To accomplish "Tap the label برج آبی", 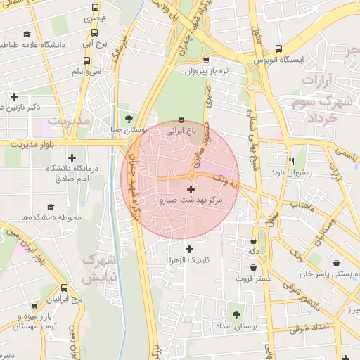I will pos(96,43).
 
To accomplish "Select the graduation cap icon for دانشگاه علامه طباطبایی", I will pos(27,34).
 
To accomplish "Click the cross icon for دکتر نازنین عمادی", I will pos(14,96).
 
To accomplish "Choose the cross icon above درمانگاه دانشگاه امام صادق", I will pos(72,157).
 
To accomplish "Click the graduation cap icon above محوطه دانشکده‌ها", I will pos(51,207).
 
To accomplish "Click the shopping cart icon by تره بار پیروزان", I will pos(205,60).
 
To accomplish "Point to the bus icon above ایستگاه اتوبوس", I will pos(280,49).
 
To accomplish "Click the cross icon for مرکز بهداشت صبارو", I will pos(191,189).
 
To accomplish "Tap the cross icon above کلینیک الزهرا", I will pos(188,248).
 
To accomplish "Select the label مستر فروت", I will pos(253,279).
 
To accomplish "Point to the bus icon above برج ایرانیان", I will pos(65,288).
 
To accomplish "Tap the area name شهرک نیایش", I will pos(98,268).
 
